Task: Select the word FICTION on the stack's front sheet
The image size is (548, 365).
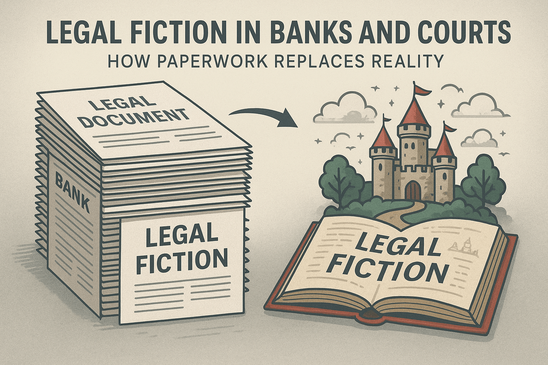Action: pyautogui.click(x=182, y=261)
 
